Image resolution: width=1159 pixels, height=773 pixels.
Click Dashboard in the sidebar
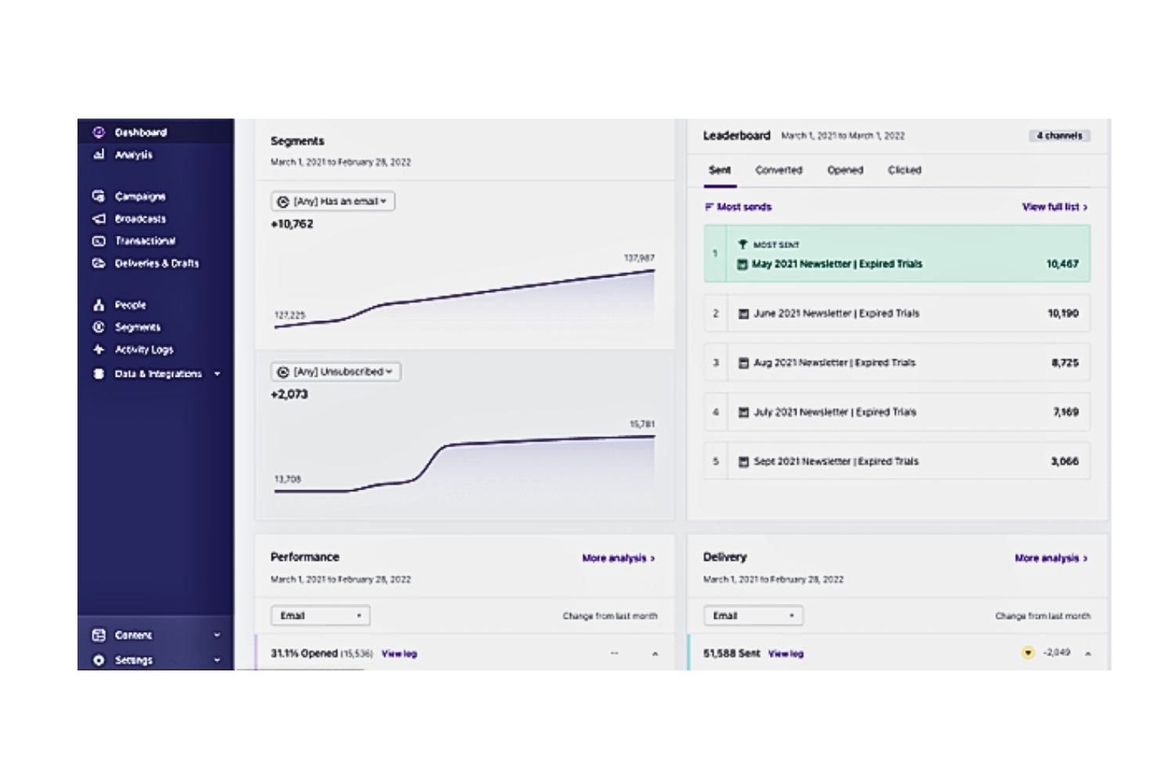pos(140,132)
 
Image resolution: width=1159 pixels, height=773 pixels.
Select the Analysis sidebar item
pos(133,155)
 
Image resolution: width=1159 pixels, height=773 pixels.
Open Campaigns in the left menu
pos(139,197)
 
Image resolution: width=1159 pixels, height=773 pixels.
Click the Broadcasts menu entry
pos(140,219)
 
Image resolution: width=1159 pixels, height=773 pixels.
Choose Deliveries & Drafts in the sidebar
pos(156,264)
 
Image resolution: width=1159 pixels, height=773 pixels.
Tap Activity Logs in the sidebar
pos(143,350)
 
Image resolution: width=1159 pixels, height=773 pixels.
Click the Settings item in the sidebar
pos(133,660)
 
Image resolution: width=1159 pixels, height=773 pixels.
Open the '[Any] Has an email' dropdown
pos(333,201)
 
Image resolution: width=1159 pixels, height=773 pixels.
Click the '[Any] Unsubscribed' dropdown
pos(336,372)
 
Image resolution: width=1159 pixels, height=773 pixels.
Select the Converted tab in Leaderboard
pos(778,170)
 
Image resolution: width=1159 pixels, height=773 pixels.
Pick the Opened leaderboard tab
pos(845,170)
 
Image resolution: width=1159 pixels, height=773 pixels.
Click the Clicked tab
pos(904,170)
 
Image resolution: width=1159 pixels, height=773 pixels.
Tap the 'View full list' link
pos(1054,207)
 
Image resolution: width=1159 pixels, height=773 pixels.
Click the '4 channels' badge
pos(1059,135)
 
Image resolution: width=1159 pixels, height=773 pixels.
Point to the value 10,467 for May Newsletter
pos(1062,264)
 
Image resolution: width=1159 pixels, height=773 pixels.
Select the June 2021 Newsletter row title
pos(836,313)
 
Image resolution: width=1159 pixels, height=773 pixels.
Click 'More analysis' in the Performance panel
pos(618,558)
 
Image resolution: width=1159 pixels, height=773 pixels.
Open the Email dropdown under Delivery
pos(753,616)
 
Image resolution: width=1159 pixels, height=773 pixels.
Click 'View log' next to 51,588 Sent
pos(785,654)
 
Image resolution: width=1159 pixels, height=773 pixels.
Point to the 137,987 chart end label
pos(639,258)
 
